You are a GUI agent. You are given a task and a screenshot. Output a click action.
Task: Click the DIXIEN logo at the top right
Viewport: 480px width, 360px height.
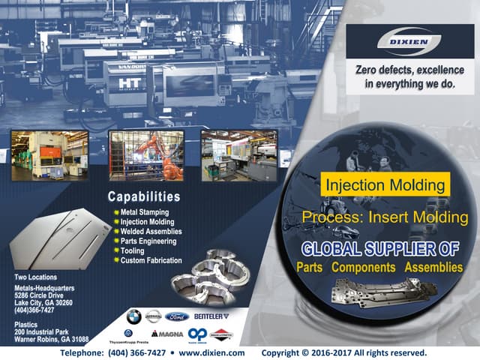click(409, 43)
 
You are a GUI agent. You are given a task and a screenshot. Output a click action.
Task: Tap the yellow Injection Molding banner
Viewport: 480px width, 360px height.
click(386, 184)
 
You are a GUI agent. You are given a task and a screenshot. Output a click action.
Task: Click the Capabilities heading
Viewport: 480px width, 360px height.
click(144, 198)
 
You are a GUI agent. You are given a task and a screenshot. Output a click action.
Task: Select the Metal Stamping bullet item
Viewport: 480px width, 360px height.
click(145, 212)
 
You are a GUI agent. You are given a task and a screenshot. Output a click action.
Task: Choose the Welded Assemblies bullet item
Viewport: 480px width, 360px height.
click(151, 232)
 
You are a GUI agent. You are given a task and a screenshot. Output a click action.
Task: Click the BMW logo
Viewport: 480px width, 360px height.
click(133, 316)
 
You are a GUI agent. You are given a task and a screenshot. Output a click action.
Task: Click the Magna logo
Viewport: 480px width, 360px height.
click(166, 333)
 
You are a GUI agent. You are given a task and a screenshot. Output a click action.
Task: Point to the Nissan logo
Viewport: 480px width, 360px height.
click(154, 316)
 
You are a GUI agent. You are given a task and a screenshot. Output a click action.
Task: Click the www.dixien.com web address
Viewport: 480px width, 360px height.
click(212, 352)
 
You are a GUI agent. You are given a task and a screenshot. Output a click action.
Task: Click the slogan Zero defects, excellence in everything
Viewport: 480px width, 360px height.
click(409, 77)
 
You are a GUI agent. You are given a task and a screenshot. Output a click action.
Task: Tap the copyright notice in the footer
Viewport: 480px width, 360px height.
click(343, 352)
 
